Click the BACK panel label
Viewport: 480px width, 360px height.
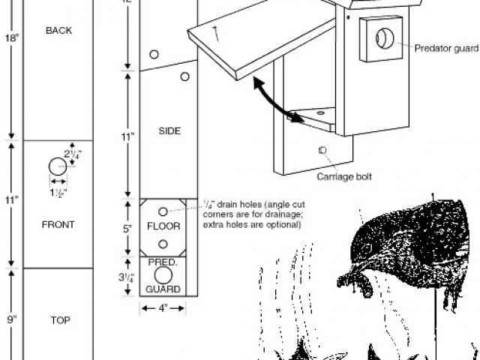point(58,31)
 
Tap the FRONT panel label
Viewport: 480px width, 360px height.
point(58,225)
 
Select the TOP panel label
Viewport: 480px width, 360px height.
point(60,320)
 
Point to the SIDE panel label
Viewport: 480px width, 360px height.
point(169,131)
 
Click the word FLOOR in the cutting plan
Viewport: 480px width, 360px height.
point(163,226)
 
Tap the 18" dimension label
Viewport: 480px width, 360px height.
point(12,38)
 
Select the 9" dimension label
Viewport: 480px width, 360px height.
point(12,319)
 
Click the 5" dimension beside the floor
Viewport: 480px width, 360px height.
point(127,229)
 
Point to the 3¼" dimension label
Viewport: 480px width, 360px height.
point(127,277)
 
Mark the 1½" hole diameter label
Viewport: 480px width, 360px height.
point(58,193)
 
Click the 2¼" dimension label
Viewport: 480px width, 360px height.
point(73,154)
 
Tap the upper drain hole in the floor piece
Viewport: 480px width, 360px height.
point(163,211)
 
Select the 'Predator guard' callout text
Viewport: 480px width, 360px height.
point(446,48)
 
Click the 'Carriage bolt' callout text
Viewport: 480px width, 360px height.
point(344,177)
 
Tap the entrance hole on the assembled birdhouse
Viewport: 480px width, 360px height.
point(385,38)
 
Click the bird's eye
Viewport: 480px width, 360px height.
point(367,247)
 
